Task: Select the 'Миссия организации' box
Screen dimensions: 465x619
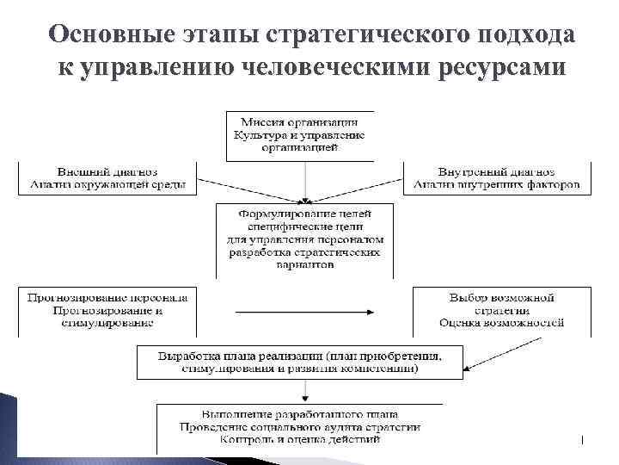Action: pos(299,135)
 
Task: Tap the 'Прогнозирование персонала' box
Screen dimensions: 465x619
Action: pos(107,310)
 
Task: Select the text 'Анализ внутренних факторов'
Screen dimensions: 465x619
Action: pos(496,184)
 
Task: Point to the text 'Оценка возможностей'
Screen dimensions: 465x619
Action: pos(501,323)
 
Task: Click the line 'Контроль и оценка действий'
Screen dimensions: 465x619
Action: pos(300,440)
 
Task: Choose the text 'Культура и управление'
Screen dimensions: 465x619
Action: pos(299,135)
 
